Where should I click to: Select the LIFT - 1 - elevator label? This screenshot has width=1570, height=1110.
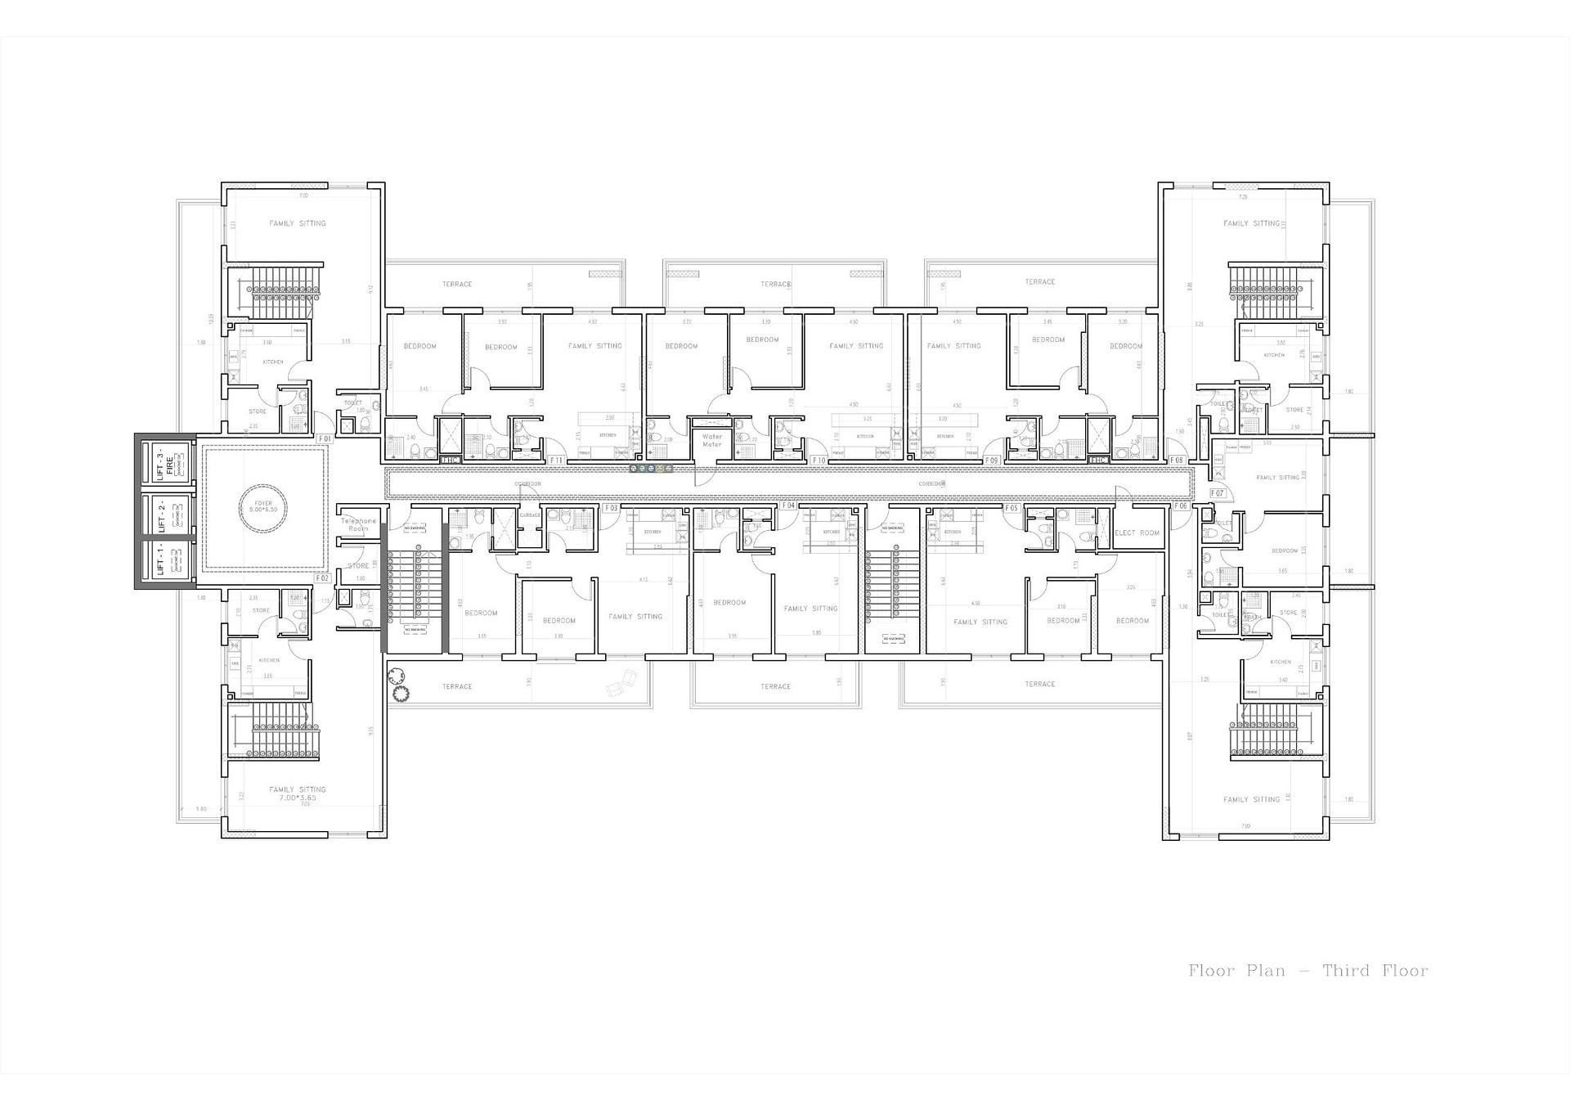click(x=161, y=560)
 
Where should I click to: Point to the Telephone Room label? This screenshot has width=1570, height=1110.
click(x=358, y=524)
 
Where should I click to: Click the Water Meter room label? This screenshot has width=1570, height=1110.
click(x=712, y=440)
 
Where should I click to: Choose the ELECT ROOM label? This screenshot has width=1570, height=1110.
click(x=1137, y=533)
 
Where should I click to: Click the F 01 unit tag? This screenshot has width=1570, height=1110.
click(x=324, y=439)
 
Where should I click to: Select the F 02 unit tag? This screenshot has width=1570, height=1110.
click(x=322, y=578)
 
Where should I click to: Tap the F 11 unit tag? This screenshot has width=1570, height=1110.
click(x=557, y=461)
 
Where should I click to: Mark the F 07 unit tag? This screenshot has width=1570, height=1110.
click(x=1217, y=493)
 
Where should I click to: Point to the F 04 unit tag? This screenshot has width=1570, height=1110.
click(x=788, y=506)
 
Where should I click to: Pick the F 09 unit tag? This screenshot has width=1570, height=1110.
click(x=991, y=461)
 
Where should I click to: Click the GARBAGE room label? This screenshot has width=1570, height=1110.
click(x=530, y=515)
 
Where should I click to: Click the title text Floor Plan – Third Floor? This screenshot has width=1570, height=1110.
click(x=1308, y=971)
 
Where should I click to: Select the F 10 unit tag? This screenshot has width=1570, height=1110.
click(x=818, y=461)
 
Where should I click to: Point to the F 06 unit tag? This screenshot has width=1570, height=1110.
click(x=1181, y=506)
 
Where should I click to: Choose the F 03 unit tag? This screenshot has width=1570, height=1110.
click(x=611, y=508)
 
